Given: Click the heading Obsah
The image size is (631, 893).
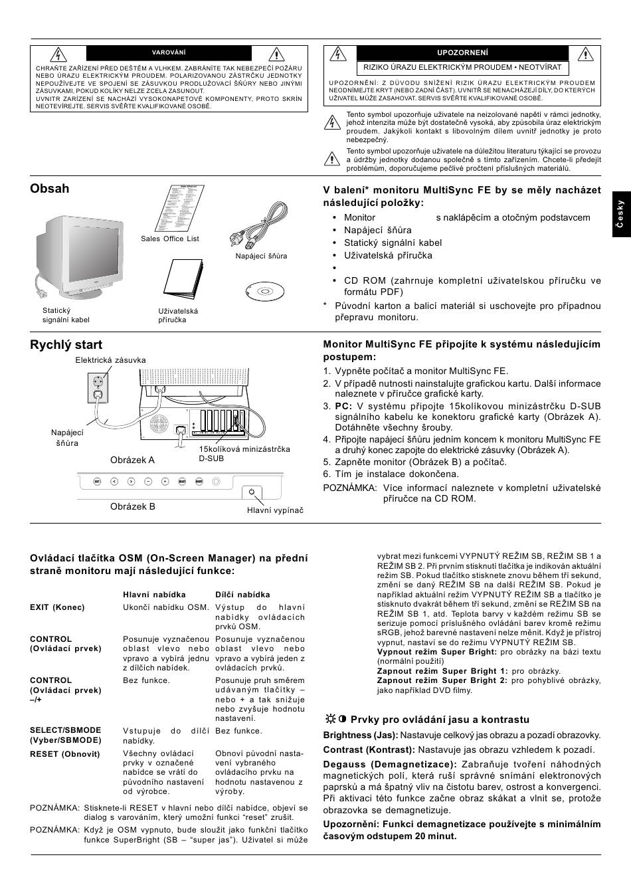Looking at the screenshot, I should [50, 189].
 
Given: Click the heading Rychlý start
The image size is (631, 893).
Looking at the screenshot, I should [66, 345].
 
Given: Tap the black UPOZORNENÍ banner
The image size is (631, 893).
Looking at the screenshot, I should [462, 53].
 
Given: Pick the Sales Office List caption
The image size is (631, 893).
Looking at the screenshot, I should [170, 239].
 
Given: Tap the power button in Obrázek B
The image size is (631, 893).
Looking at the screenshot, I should [251, 492].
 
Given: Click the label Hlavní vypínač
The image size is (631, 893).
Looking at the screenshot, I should [275, 510].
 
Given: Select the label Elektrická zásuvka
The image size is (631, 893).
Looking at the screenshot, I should [110, 360].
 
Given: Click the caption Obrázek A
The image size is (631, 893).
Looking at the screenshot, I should [132, 460].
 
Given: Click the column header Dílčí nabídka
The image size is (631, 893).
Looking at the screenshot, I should [242, 595].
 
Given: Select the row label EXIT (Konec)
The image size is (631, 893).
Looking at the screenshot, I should [57, 607].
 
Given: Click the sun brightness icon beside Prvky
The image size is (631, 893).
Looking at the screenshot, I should [330, 719].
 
